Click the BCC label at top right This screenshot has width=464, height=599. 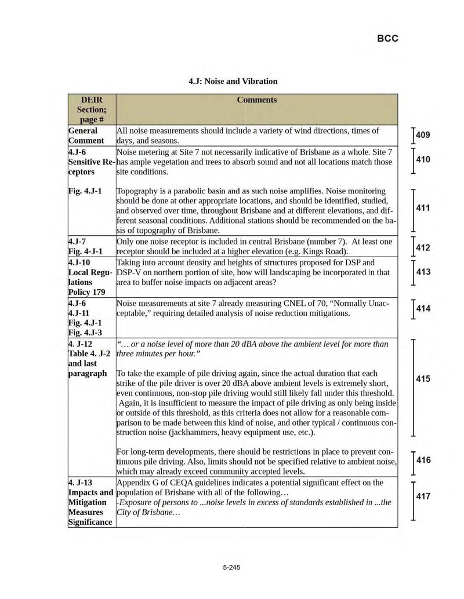[x=387, y=38]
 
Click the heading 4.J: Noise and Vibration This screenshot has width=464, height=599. [x=233, y=81]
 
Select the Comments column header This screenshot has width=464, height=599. [x=257, y=100]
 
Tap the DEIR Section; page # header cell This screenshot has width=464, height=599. [x=92, y=109]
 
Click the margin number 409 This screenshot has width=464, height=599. [x=423, y=136]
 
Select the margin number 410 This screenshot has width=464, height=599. [x=423, y=160]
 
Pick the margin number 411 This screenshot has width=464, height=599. [x=423, y=208]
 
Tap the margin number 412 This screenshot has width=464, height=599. [x=423, y=248]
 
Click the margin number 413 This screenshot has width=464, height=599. [x=423, y=272]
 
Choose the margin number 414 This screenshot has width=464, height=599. [x=423, y=309]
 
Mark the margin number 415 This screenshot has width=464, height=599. [x=423, y=379]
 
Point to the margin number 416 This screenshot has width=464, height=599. [x=423, y=461]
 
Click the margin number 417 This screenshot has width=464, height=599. [x=423, y=496]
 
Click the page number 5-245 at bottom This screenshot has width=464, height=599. [x=231, y=567]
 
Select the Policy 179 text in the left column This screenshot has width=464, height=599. [x=86, y=292]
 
